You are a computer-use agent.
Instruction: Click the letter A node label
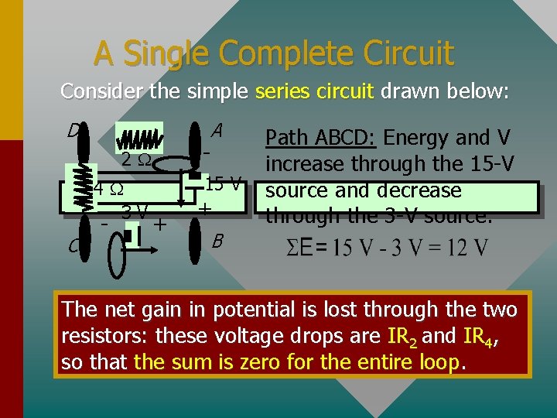point(217,131)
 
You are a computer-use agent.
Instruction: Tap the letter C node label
point(73,246)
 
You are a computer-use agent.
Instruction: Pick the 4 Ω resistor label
point(107,189)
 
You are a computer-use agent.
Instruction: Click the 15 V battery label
point(224,185)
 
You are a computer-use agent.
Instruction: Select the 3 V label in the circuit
point(135,210)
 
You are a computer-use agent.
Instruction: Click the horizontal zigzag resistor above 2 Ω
point(139,139)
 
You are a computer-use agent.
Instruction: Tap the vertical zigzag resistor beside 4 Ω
point(79,186)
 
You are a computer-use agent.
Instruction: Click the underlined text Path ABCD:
point(320,138)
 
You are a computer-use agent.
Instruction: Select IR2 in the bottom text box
point(399,337)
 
